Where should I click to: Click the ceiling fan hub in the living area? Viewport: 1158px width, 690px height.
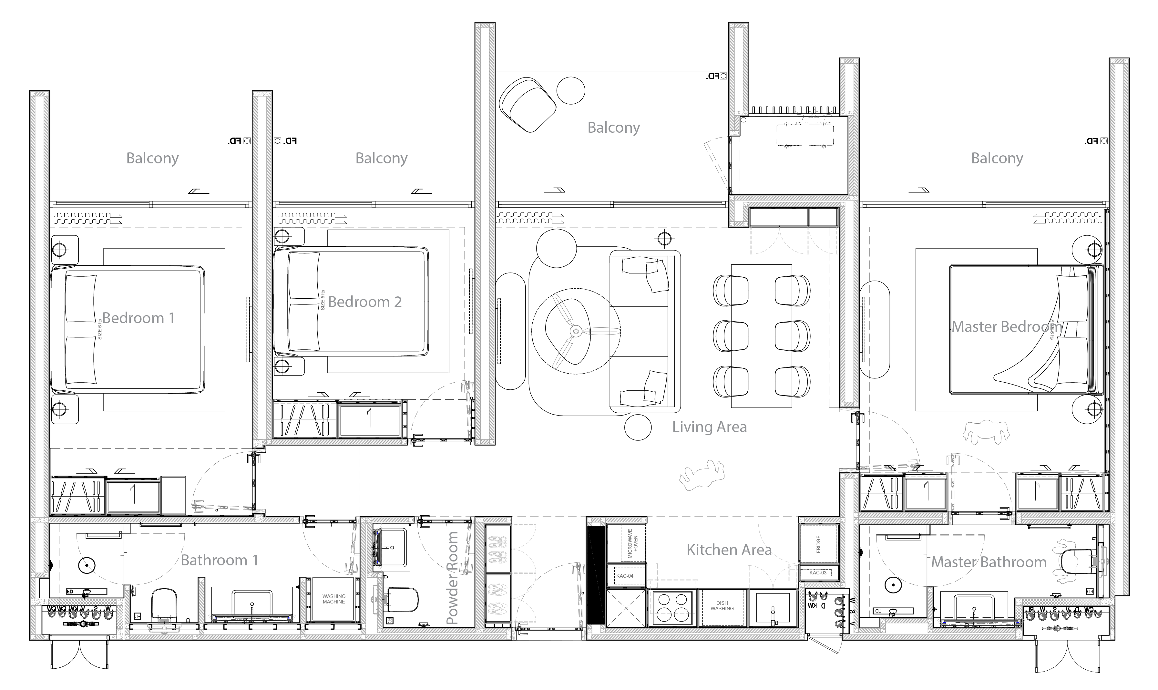(x=576, y=331)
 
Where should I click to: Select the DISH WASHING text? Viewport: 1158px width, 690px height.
(x=722, y=606)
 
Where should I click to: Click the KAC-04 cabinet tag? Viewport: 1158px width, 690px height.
(x=625, y=576)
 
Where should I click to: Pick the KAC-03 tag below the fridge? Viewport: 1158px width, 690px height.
(x=818, y=573)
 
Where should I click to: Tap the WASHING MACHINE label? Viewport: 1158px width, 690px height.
(x=334, y=599)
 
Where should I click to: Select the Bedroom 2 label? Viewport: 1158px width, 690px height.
(x=364, y=302)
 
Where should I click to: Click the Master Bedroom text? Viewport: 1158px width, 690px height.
(x=1007, y=327)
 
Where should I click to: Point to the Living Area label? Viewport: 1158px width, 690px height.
(x=709, y=427)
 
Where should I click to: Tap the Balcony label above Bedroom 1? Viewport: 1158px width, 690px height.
(x=152, y=159)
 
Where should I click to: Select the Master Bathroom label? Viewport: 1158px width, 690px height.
(x=989, y=562)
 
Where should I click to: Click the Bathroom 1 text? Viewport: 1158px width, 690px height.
(x=219, y=560)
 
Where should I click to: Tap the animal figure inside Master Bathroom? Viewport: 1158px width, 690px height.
(x=1065, y=560)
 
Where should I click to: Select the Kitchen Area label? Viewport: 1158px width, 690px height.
(x=729, y=550)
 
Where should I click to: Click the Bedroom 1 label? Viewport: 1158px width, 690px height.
(x=138, y=318)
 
